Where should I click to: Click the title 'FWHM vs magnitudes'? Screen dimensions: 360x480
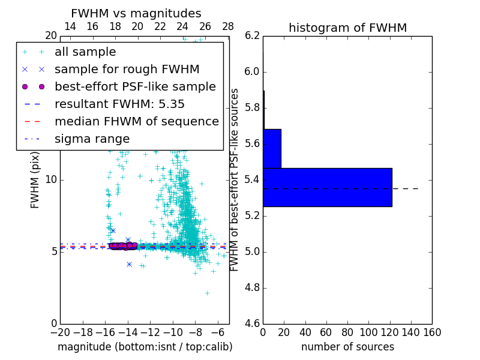click(136, 13)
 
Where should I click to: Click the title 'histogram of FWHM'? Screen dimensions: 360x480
click(347, 28)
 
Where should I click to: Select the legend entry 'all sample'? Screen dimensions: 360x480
click(85, 52)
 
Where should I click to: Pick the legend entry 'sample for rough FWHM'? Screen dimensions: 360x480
click(127, 69)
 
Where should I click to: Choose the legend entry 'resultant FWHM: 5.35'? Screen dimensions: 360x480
click(119, 104)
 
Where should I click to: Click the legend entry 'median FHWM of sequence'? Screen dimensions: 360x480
click(136, 121)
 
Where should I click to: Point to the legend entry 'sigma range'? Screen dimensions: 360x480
click(92, 139)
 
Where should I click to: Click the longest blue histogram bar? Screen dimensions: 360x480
click(327, 187)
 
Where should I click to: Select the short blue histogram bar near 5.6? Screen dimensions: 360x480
click(272, 148)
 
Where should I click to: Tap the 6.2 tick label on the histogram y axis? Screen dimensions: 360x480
click(253, 36)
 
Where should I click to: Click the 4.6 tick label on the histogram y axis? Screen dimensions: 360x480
click(253, 323)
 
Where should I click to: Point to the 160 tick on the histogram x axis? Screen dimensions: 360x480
click(431, 331)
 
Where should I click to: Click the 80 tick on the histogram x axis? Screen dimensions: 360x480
click(347, 331)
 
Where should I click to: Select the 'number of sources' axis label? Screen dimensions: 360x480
click(347, 347)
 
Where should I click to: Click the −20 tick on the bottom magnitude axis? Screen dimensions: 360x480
click(60, 331)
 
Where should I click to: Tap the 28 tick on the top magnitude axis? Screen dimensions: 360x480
click(228, 26)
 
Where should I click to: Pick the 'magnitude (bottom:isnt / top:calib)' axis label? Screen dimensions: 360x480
click(145, 347)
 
